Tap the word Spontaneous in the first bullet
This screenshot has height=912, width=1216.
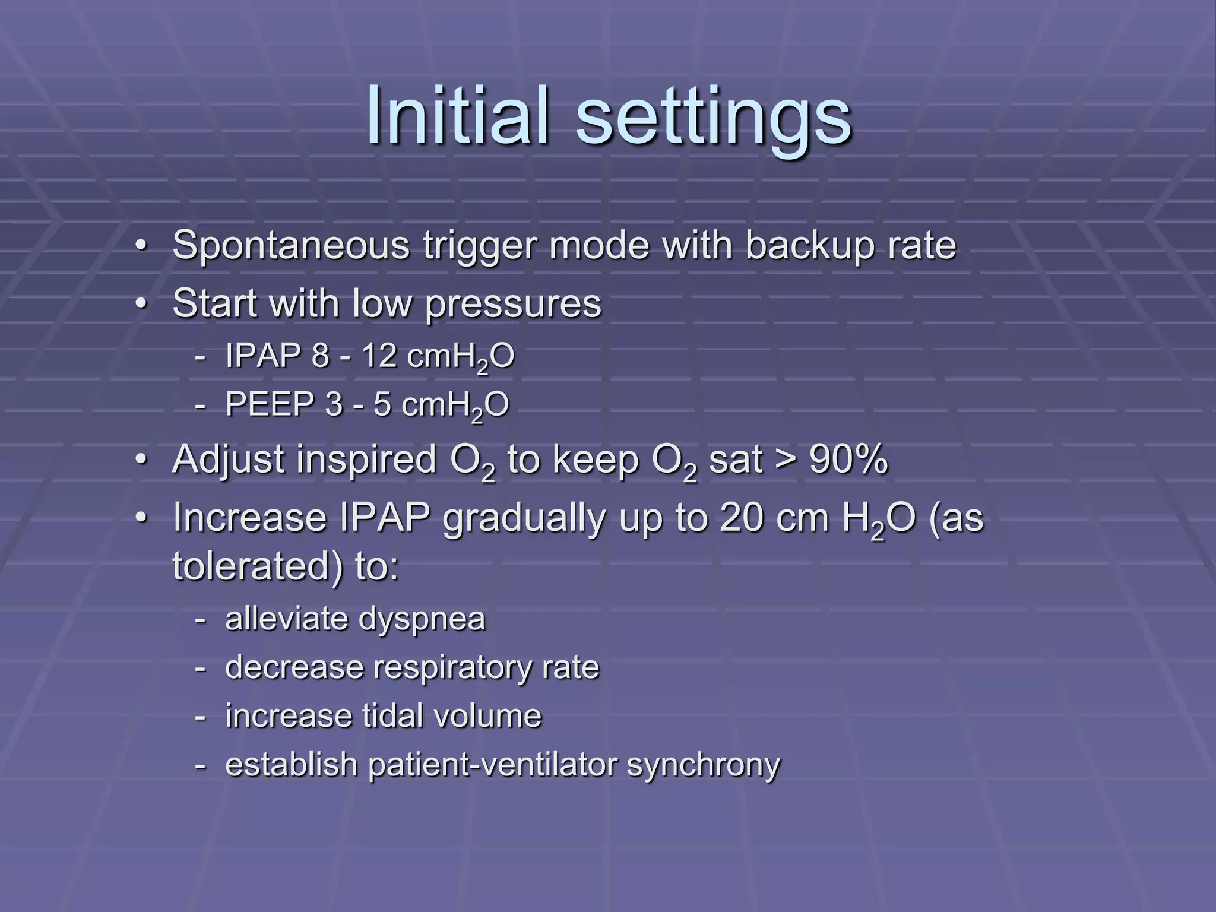point(291,245)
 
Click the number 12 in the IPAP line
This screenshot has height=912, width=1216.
point(379,356)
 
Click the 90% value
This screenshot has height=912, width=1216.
point(848,459)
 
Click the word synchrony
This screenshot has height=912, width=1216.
point(704,765)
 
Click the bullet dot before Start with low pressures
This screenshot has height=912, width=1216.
point(140,304)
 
